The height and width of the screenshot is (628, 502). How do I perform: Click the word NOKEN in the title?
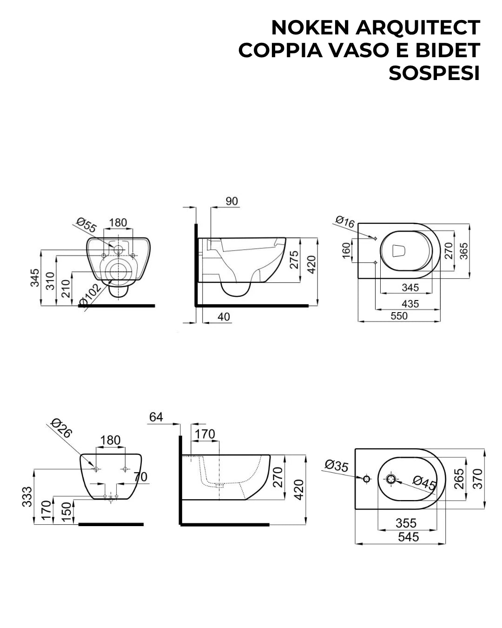(310, 28)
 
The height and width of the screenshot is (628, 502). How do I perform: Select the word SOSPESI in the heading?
(434, 73)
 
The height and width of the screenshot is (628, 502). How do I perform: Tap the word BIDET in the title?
(447, 50)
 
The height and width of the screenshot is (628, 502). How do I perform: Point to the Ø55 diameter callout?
(86, 225)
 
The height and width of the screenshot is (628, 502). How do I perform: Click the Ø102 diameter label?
(91, 295)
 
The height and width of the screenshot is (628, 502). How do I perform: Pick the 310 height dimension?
(51, 281)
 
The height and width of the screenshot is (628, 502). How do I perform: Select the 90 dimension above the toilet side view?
(231, 201)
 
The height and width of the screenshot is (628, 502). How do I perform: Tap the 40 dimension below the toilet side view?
(224, 317)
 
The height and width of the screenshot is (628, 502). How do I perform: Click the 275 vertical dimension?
(294, 260)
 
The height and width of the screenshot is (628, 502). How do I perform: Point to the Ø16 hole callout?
(345, 222)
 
